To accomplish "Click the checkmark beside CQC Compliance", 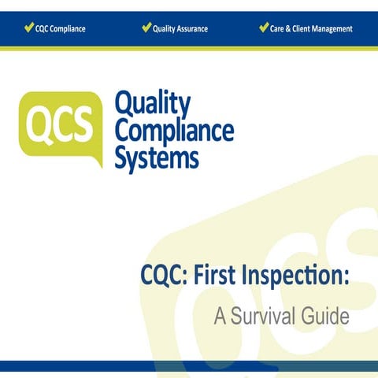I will click(x=29, y=28).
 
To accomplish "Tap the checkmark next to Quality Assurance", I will click(x=146, y=28).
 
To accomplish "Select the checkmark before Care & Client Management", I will click(x=264, y=28).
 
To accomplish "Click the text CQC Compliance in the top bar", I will click(x=61, y=29).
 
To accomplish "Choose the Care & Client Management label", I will click(x=311, y=29).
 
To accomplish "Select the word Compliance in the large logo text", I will click(x=174, y=131).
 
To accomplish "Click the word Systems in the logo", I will click(x=157, y=157).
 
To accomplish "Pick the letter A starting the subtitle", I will click(x=220, y=317).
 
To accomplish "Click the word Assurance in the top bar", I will click(x=192, y=29).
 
